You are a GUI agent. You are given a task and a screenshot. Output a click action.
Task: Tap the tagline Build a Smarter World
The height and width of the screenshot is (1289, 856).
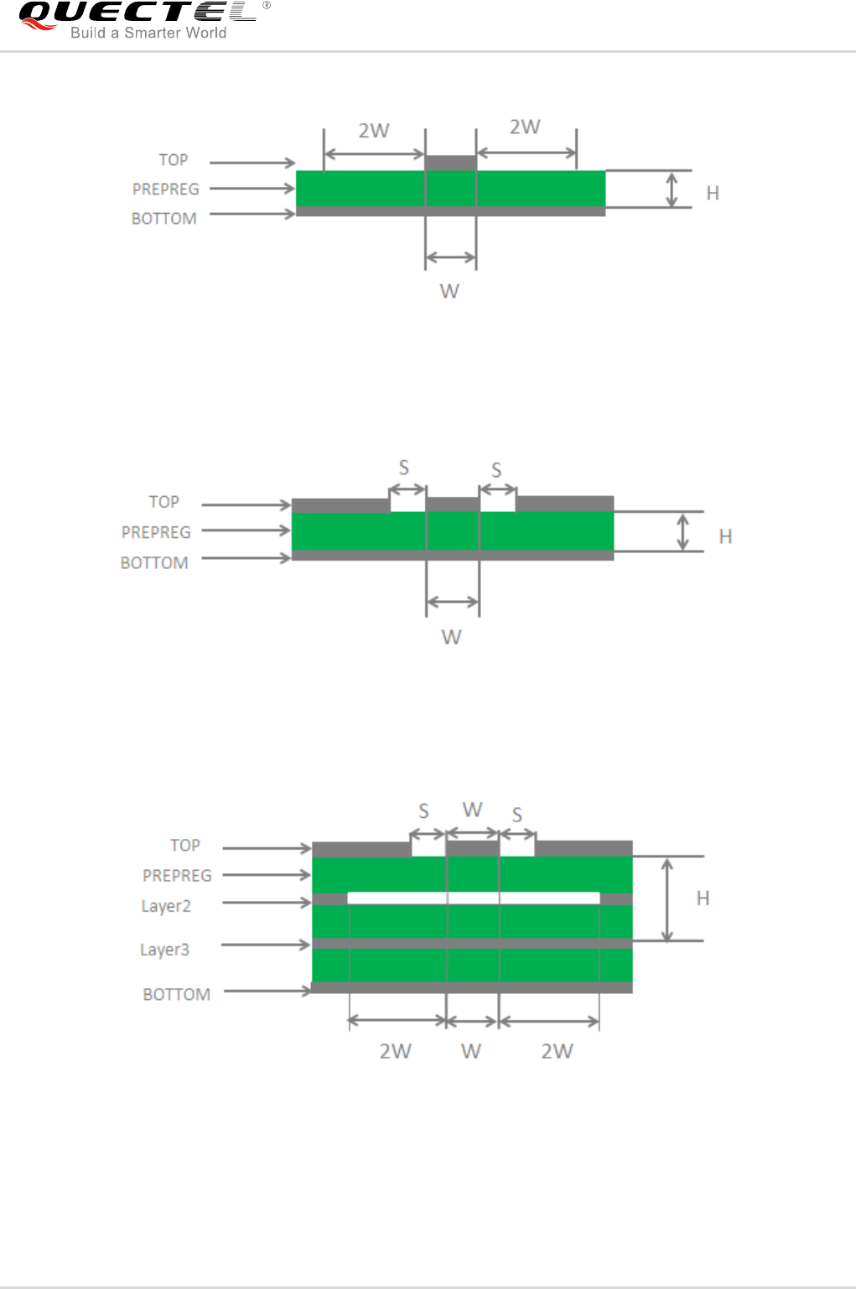[x=148, y=33]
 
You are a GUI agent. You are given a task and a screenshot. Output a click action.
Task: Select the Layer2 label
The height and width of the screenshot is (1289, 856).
[x=166, y=906]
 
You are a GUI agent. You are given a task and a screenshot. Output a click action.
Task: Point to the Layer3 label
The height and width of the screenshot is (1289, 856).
[x=164, y=950]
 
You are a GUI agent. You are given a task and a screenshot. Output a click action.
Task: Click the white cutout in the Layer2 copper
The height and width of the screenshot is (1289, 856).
[x=474, y=898]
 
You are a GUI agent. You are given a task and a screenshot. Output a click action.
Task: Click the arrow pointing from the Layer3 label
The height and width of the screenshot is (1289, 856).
[x=266, y=945]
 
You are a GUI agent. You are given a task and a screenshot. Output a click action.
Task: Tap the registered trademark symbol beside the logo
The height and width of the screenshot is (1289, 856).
[x=266, y=5]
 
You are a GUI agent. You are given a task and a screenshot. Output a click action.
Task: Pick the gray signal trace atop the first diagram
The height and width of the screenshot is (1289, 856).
[x=451, y=163]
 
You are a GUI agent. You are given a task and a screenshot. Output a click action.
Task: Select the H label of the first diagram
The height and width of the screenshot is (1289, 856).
[x=713, y=194]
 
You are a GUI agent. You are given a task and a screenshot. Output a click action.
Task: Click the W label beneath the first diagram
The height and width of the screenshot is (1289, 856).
[x=449, y=291]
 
